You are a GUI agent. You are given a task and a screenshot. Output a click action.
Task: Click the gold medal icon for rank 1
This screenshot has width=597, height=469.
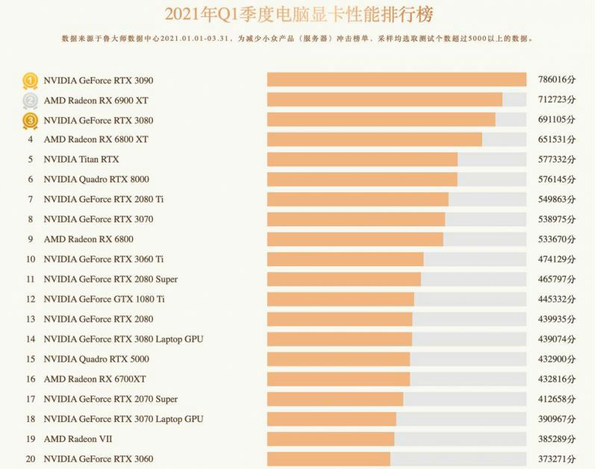(x=30, y=81)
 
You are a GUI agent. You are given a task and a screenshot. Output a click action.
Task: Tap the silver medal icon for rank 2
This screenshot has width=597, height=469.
(x=30, y=101)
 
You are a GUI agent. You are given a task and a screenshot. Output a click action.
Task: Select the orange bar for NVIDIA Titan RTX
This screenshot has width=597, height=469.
(x=362, y=160)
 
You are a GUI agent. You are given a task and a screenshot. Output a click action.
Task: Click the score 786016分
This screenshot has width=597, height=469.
(x=556, y=81)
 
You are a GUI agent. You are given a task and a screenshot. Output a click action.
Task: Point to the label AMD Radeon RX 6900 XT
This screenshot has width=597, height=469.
(x=96, y=101)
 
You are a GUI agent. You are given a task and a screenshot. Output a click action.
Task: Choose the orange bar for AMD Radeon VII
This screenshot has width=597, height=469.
(x=331, y=439)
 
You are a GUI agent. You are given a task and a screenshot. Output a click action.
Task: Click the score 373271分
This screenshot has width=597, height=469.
(x=556, y=459)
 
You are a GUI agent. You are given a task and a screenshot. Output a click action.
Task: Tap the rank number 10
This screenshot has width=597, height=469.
(x=31, y=259)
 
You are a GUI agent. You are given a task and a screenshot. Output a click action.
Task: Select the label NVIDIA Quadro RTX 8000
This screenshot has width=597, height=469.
(x=96, y=180)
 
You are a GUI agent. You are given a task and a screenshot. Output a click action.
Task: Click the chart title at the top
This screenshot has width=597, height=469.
(x=298, y=14)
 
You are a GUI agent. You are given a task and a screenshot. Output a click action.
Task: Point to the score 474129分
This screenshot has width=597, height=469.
(x=556, y=259)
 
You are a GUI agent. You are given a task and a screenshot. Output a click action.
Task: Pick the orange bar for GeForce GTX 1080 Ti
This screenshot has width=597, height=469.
(x=340, y=300)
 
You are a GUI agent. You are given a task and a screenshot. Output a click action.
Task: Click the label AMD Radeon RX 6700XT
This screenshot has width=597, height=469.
(x=95, y=380)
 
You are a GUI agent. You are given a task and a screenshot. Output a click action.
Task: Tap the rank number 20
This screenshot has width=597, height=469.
(x=31, y=459)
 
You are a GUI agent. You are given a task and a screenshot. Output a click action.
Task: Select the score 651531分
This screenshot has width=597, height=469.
(x=556, y=140)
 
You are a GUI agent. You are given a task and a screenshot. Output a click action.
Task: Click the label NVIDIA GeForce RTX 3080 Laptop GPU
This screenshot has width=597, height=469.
(x=124, y=339)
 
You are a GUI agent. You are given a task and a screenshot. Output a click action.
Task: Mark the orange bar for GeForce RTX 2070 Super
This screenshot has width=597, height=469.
(x=335, y=400)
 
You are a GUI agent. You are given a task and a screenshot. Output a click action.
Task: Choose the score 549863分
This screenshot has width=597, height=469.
(x=556, y=200)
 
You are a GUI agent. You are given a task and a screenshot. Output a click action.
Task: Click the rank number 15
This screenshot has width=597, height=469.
(x=31, y=359)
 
